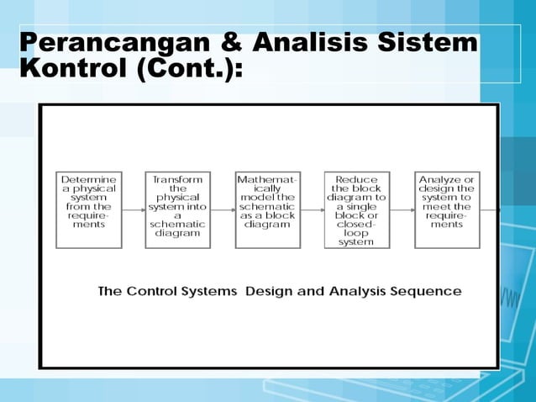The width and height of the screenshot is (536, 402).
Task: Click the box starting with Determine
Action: (x=88, y=209)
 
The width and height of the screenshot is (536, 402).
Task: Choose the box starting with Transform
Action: (x=177, y=209)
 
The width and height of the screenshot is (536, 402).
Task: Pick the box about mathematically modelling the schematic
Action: (x=266, y=209)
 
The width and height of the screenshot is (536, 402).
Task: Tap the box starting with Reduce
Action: (x=356, y=209)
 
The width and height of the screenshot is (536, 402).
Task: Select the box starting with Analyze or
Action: (x=447, y=209)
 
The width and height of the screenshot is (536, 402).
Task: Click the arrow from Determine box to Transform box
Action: (x=133, y=209)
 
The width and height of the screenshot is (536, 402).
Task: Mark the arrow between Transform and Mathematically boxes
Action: (x=223, y=209)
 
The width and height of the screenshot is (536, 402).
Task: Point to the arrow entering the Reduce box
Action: (x=312, y=209)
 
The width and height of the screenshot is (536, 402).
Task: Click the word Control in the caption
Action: (x=154, y=292)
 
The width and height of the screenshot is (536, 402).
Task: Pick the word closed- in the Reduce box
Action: (x=356, y=224)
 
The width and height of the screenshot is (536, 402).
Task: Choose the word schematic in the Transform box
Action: (x=177, y=224)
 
